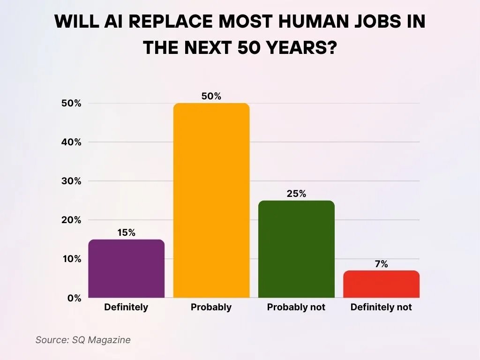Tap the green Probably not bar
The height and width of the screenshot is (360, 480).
click(296, 249)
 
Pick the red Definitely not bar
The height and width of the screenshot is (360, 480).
click(381, 284)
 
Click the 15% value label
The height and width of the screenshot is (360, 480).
click(126, 232)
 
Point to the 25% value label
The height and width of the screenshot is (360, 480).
click(296, 194)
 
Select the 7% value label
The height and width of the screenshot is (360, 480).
click(381, 264)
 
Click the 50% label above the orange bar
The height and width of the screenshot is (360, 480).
click(211, 97)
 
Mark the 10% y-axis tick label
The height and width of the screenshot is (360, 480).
click(71, 259)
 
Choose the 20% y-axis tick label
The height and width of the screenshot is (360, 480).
click(71, 220)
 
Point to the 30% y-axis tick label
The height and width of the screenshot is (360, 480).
click(71, 181)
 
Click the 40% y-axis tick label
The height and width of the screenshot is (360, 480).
click(71, 142)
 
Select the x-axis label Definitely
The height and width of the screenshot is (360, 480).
click(126, 307)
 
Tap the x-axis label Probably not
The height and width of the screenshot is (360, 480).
click(296, 307)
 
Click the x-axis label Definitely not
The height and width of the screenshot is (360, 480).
click(381, 307)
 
